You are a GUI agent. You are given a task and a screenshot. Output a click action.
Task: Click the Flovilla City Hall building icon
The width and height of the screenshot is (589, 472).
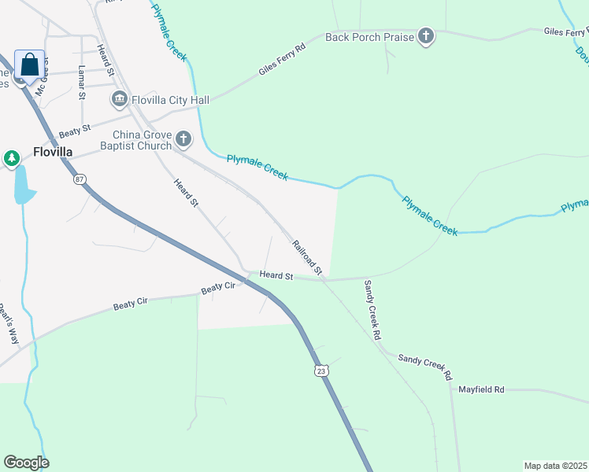[x=120, y=99]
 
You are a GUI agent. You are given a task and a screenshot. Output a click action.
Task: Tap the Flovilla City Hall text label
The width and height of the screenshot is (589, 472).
[x=171, y=100]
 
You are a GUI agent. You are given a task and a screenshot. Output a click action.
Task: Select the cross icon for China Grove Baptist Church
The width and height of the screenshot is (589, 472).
[x=183, y=139]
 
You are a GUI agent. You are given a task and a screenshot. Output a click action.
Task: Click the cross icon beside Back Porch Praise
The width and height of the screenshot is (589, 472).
[x=425, y=37]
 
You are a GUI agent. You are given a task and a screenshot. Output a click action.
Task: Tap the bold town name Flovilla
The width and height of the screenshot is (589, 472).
[x=54, y=152]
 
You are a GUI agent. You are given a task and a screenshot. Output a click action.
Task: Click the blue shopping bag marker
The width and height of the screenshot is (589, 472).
[x=29, y=65]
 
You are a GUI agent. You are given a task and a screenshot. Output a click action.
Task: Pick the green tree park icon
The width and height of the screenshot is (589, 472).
[x=11, y=159]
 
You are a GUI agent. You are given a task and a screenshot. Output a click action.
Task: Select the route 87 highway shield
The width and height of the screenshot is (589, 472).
[x=80, y=179]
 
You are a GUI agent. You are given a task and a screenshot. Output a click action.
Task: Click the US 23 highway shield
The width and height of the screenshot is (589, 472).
[x=320, y=371]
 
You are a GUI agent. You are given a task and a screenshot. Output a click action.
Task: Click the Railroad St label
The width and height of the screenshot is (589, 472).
[x=308, y=257]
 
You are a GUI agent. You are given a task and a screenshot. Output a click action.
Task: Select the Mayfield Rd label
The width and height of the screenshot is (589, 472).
[x=481, y=389]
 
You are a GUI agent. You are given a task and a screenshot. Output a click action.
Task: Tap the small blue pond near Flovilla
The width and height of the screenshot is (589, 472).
[x=24, y=186]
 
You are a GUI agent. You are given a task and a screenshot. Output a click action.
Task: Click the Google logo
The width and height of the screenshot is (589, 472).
[x=26, y=463]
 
